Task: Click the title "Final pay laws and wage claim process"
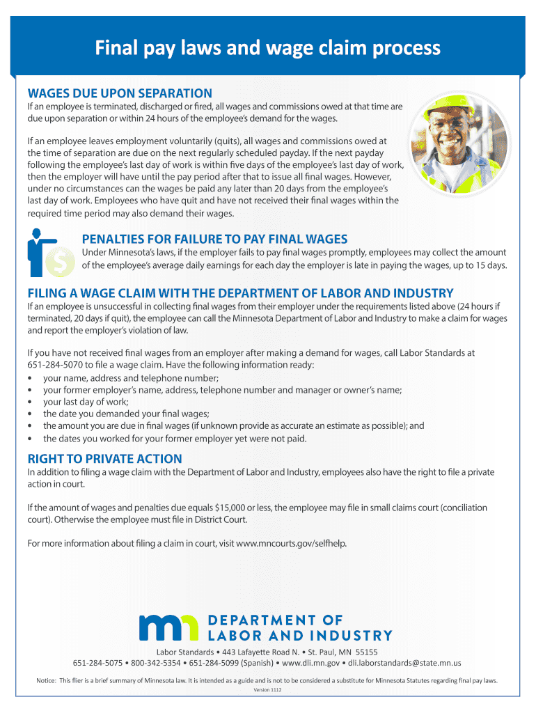point(268,47)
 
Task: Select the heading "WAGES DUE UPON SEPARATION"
point(119,93)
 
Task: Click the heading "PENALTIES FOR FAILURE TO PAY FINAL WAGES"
point(214,239)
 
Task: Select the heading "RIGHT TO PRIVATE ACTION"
point(104,459)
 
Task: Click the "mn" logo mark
point(169,627)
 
